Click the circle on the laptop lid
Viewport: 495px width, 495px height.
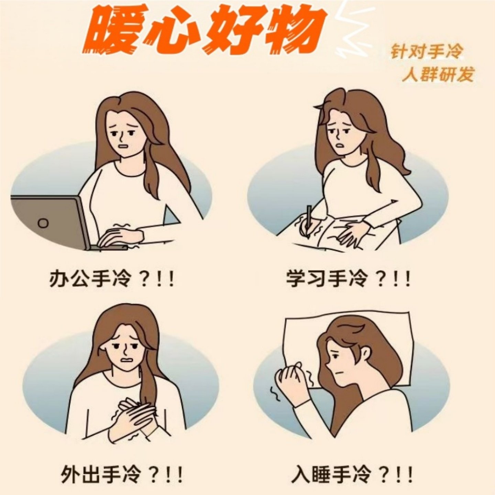(x=43, y=223)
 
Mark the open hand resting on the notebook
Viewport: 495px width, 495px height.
(x=351, y=234)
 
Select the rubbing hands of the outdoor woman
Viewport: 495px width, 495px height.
(x=132, y=418)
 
